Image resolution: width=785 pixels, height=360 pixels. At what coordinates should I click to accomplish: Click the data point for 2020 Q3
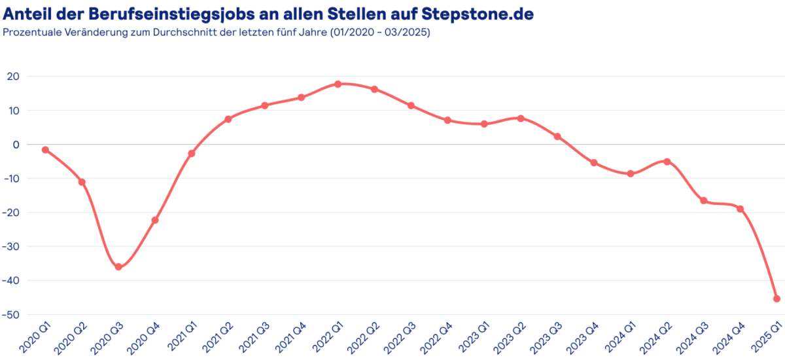[118, 267]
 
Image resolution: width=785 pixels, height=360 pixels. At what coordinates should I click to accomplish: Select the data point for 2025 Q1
[776, 298]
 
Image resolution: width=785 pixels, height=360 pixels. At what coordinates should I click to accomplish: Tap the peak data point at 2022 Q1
[338, 84]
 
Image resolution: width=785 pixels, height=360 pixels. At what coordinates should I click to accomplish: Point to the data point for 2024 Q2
[667, 161]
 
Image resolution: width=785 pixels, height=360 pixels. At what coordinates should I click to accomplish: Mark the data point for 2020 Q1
[45, 150]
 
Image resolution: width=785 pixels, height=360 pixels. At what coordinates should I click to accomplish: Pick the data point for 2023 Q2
[521, 118]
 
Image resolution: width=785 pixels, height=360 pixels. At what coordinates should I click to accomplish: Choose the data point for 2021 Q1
[192, 153]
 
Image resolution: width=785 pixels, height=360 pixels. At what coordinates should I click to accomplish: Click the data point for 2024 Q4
[741, 209]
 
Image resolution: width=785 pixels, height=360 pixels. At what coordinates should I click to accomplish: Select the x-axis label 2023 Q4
[584, 336]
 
